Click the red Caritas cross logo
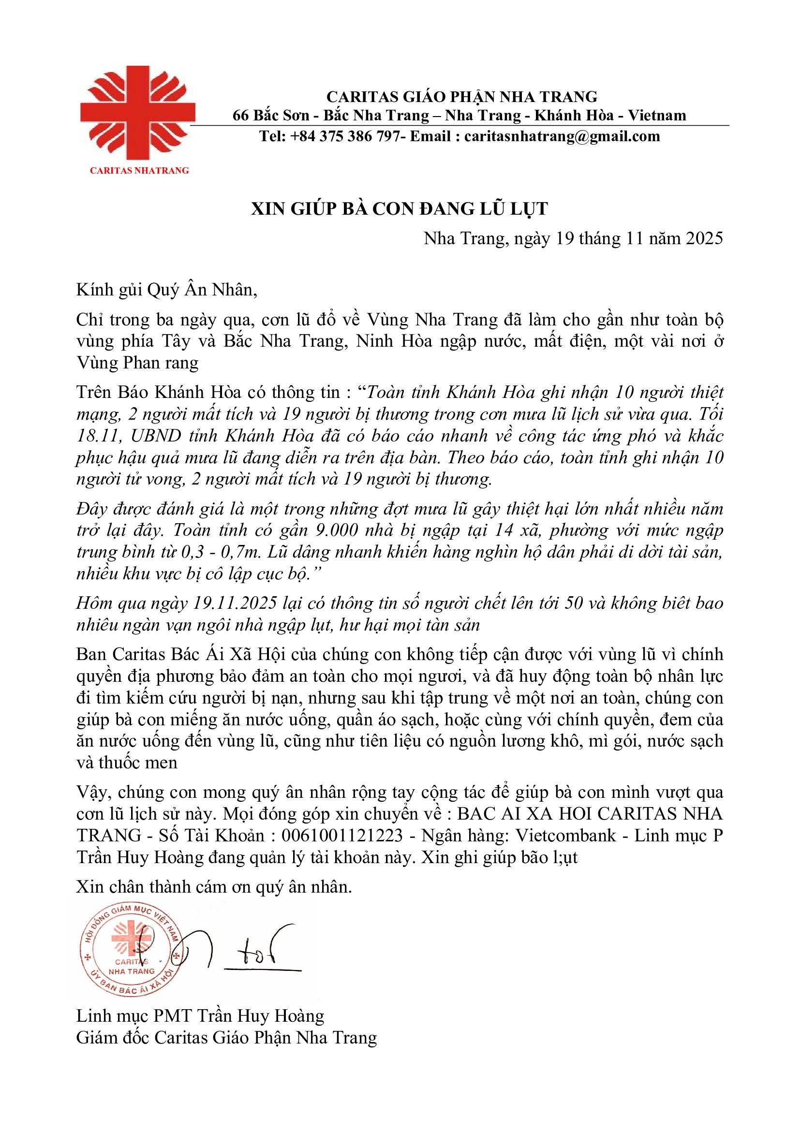[137, 113]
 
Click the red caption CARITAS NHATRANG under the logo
[139, 170]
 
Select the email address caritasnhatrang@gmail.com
[562, 136]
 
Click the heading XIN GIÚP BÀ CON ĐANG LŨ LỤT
[399, 209]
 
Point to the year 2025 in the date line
[704, 239]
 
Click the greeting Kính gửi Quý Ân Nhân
[166, 290]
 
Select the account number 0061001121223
[342, 836]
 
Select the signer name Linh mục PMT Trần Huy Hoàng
[200, 1016]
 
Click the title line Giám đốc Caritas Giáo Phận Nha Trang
[226, 1037]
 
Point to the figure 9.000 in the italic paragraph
[337, 530]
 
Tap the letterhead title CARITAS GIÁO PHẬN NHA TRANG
[461, 97]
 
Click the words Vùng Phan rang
[137, 363]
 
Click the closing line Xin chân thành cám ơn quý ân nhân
[214, 887]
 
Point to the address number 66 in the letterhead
[240, 115]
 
